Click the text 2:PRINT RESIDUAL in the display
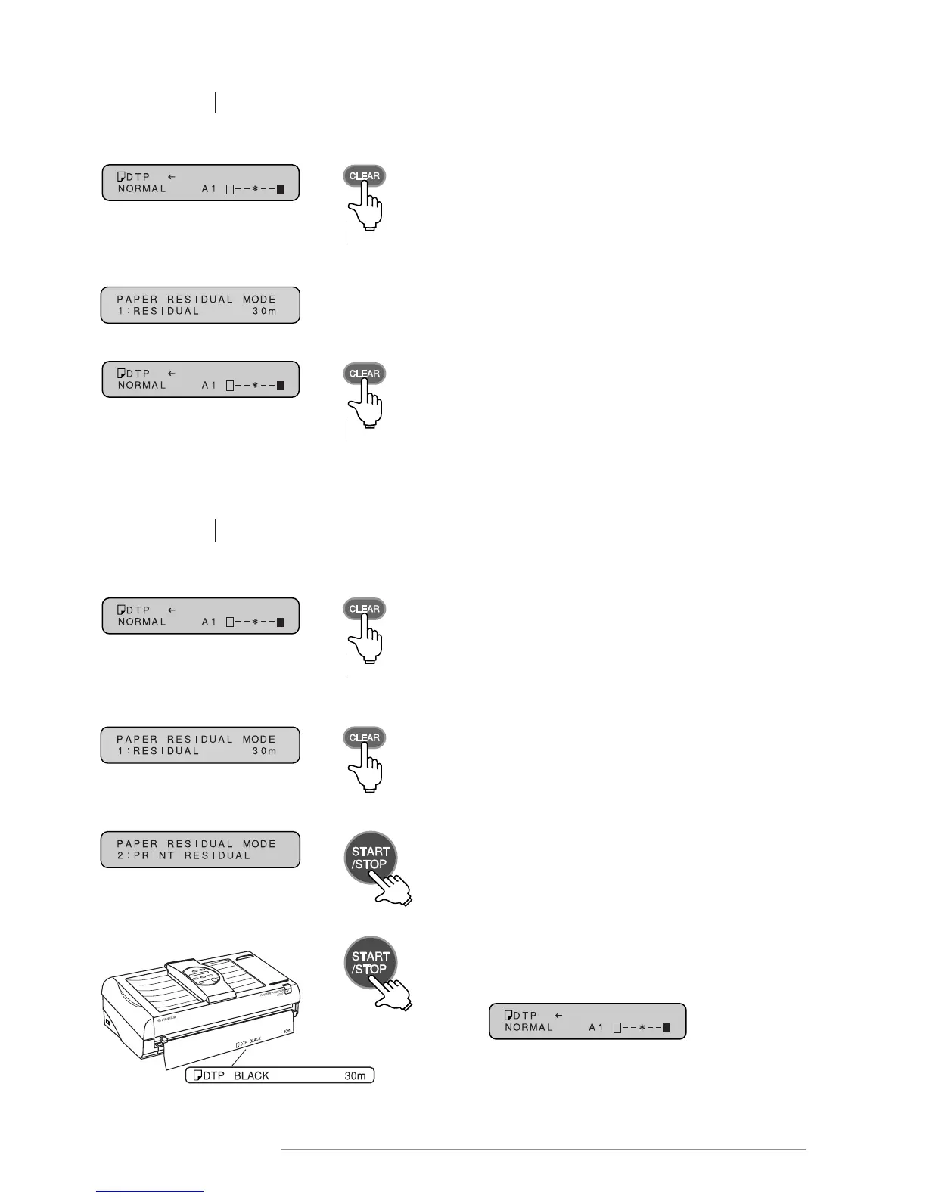point(183,855)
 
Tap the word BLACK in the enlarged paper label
point(252,1075)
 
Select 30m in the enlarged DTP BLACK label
point(355,1075)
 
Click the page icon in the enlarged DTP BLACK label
point(197,1075)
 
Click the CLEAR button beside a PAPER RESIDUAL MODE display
point(364,737)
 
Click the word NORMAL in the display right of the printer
point(529,1027)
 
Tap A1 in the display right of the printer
point(596,1027)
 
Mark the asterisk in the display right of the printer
point(640,1027)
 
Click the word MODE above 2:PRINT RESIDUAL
point(259,843)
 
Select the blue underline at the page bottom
point(150,1192)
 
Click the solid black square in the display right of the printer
point(667,1027)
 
